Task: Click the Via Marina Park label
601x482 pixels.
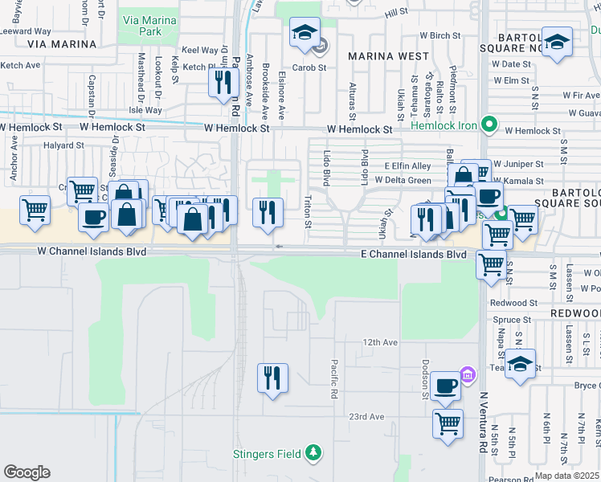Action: [141, 23]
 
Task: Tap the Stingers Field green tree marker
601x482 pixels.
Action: [315, 454]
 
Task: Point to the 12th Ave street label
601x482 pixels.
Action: [379, 342]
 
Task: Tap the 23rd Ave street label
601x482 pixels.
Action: [366, 417]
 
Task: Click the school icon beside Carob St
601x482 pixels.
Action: [305, 33]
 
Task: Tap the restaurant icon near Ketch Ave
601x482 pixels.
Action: [223, 82]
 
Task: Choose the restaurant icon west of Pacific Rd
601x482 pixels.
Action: [272, 378]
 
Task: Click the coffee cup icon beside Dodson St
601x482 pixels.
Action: [445, 387]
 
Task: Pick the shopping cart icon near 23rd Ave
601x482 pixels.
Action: [448, 423]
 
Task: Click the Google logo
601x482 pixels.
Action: [27, 472]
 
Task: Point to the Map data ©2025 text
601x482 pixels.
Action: [566, 476]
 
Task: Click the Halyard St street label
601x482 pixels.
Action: [64, 146]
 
